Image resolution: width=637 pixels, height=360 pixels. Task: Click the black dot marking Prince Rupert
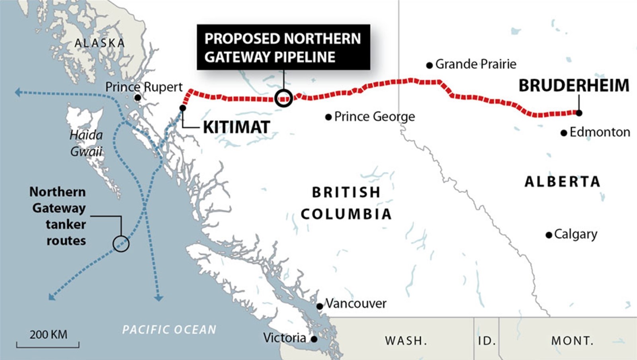pos(137,98)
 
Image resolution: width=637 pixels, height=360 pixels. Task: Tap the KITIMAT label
pos(236,127)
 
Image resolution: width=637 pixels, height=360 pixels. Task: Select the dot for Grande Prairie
pos(429,65)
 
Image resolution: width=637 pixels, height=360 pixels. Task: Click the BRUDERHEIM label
pos(574,86)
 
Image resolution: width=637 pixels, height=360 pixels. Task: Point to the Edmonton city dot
pos(564,133)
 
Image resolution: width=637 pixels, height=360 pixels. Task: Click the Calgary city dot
pos(549,235)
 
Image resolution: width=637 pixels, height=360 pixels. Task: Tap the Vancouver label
pos(356,303)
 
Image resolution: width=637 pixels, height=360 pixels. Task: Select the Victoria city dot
pos(314,339)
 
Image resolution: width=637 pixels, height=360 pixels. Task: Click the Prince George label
pos(374,117)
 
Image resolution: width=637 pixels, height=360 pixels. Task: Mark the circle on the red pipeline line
pos(284,98)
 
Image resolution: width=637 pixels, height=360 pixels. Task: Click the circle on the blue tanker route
pos(121,243)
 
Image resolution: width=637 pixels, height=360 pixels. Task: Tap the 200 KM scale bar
pos(48,344)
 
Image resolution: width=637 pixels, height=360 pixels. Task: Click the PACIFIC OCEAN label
pos(169,330)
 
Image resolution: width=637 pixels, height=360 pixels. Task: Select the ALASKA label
pos(100,43)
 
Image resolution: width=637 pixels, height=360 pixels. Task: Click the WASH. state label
pos(406,341)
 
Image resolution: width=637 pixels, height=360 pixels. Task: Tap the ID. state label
pos(487,341)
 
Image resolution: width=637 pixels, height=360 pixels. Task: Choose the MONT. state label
pos(572,341)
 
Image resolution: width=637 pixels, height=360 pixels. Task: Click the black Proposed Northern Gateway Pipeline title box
pos(283,47)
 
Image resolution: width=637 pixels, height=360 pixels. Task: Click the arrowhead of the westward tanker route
pos(18,92)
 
